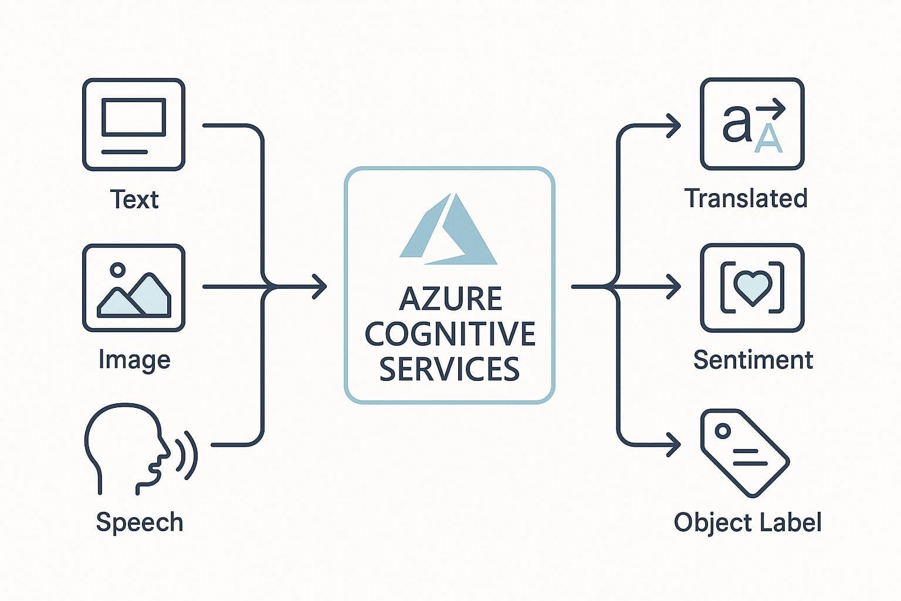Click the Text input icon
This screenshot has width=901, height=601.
pos(134,124)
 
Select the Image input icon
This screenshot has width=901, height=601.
pos(134,288)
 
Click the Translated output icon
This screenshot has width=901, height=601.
pos(752,124)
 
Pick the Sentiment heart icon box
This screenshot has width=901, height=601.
pos(752,288)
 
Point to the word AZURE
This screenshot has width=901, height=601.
pos(450,299)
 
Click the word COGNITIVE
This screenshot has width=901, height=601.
pos(450,334)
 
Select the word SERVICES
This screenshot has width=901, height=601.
pos(449,369)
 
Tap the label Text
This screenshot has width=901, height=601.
pos(134,200)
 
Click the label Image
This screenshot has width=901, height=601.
pos(134,360)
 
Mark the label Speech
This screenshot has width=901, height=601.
pos(140,522)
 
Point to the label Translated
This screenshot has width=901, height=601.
pos(746,198)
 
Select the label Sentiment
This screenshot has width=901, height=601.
pos(753,360)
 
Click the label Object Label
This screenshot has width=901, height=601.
pos(747,522)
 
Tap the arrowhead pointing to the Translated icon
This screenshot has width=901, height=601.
pos(675,126)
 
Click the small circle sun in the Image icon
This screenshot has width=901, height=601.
pos(118,270)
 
